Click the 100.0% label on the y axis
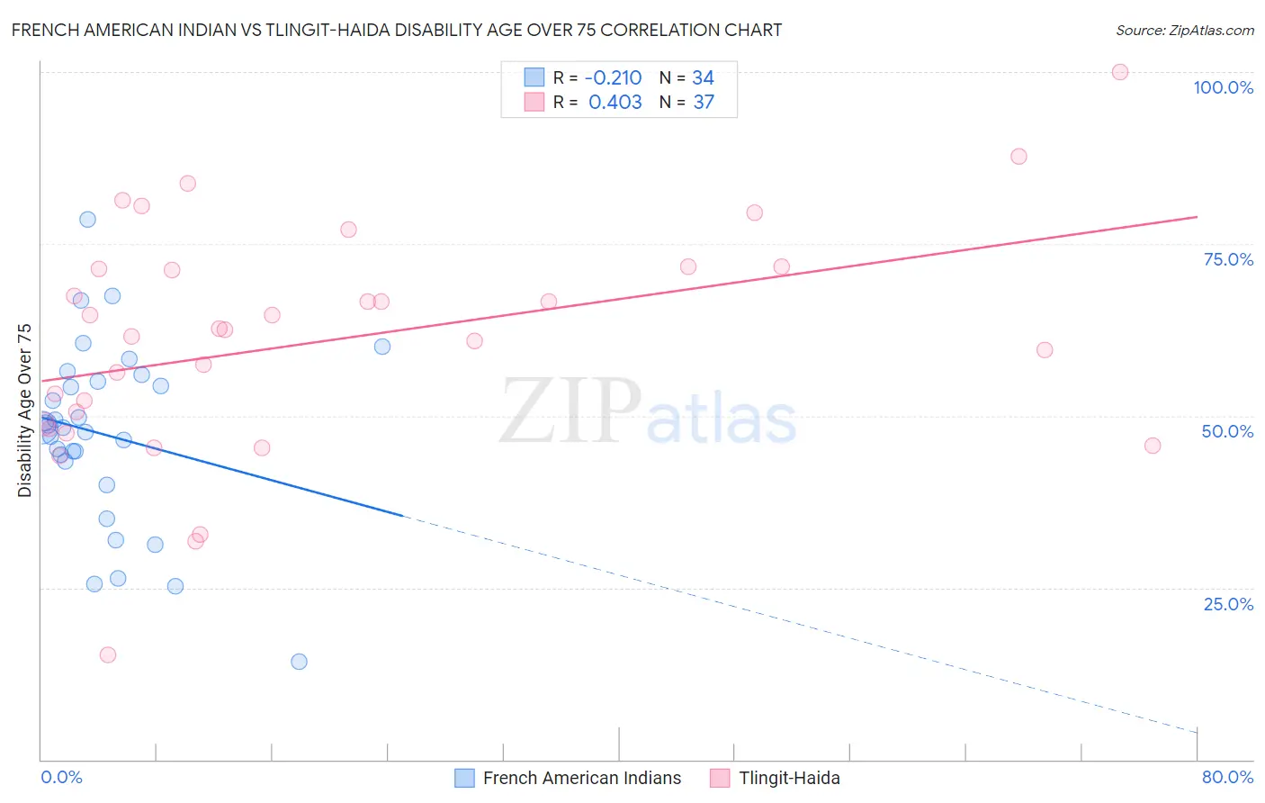click(1223, 87)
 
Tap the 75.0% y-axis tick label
click(1228, 259)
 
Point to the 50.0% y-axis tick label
click(1227, 431)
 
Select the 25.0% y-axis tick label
click(1228, 603)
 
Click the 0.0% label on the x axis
click(61, 777)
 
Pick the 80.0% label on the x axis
click(1227, 777)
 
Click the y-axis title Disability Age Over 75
click(24, 410)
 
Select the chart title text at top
click(396, 30)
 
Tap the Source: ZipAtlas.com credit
click(1184, 30)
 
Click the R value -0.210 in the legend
click(615, 77)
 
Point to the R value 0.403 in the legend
click(615, 102)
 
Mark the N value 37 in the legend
click(704, 102)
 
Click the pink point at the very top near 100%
click(1119, 72)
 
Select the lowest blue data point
click(299, 662)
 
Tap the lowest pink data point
click(108, 654)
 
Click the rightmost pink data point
click(1153, 446)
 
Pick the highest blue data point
click(87, 220)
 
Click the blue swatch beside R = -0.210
click(534, 77)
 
